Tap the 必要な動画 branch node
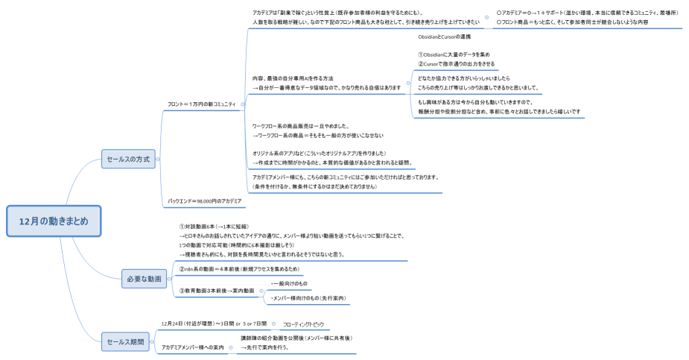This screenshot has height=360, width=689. coord(145,280)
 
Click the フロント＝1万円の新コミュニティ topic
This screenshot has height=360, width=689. coord(201,104)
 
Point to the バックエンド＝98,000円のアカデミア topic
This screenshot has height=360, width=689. coord(204,201)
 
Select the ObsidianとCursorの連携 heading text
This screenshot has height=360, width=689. coord(445,37)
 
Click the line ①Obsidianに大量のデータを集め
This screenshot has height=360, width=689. coord(454,54)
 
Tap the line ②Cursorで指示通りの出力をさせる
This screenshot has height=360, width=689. coord(456,64)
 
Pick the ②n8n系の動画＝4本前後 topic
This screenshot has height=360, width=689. coord(239,268)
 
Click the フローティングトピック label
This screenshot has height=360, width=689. coord(303,325)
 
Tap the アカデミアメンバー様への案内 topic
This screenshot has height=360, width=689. coord(192,347)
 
